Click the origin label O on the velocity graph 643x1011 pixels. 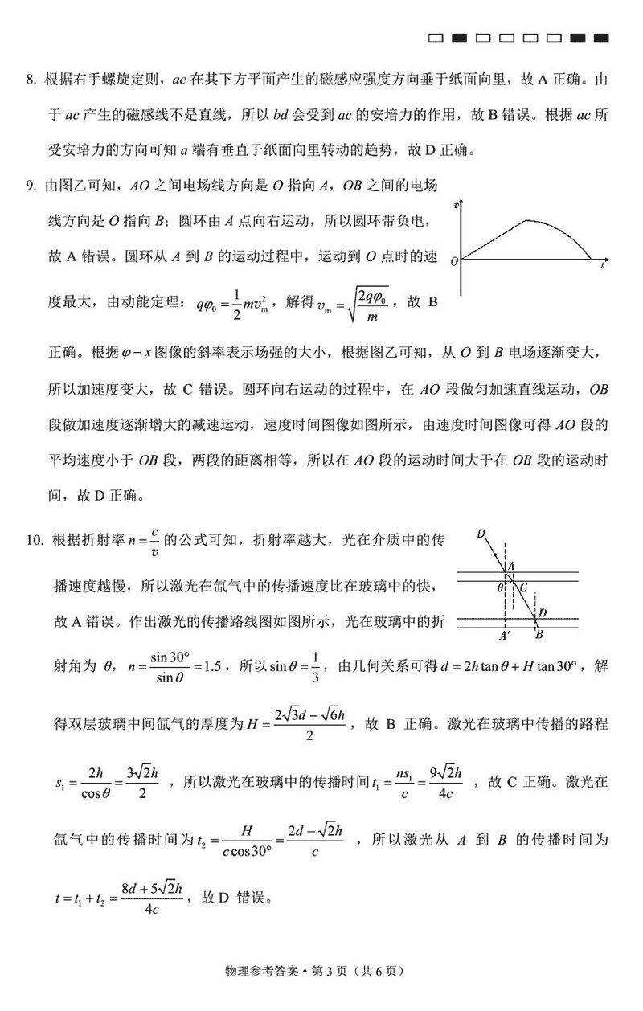tap(454, 261)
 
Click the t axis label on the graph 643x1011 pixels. tap(603, 264)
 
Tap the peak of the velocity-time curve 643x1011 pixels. tap(527, 220)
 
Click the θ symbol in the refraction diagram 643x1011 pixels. tap(500, 587)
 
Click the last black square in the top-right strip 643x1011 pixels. tap(600, 37)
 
